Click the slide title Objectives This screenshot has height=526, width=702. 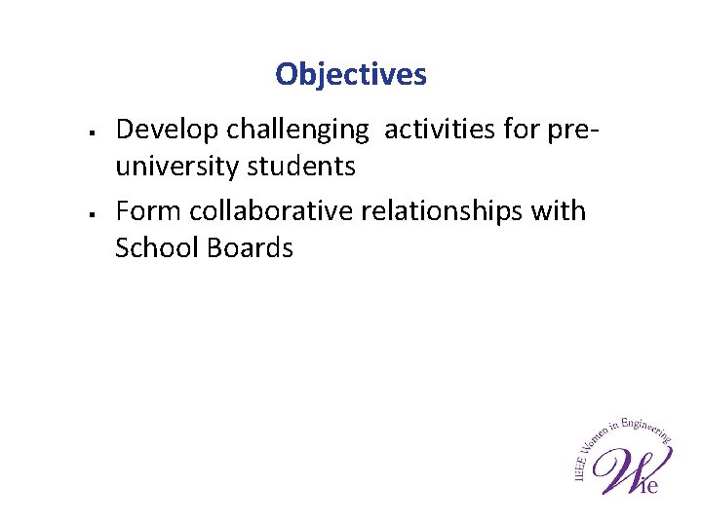351,74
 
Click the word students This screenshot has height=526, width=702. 301,167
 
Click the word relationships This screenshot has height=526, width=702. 446,210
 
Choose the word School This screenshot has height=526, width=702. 156,248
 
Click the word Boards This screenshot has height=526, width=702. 250,248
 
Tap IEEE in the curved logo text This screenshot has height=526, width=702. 579,466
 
